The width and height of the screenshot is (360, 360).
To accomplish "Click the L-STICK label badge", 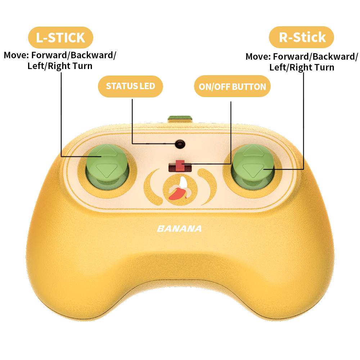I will tap(60, 37).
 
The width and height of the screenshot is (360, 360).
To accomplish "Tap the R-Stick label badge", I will tap(302, 37).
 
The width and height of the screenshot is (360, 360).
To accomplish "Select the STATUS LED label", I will tap(130, 86).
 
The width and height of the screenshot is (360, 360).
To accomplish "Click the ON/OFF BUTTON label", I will tap(232, 87).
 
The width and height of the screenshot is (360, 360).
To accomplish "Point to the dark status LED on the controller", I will tap(180, 144).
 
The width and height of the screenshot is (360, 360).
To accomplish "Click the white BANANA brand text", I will tap(179, 229).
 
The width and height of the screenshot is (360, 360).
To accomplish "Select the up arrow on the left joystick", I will tap(107, 151).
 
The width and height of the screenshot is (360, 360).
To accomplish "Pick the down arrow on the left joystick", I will tap(107, 170).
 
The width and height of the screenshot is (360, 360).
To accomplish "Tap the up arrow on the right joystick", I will tap(253, 151).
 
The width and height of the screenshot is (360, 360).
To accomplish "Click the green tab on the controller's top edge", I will tap(180, 119).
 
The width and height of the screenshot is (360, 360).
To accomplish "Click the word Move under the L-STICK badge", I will tap(16, 56).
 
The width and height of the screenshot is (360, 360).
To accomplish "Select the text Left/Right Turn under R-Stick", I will tap(302, 67).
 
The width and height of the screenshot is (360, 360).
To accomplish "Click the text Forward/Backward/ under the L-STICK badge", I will tap(74, 56).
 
